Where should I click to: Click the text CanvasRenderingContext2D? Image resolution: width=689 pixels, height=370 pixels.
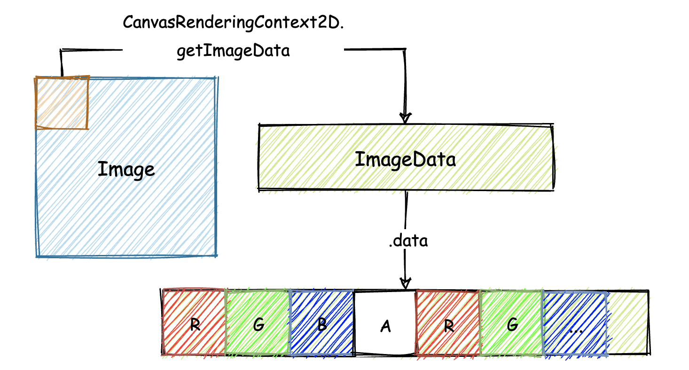234,23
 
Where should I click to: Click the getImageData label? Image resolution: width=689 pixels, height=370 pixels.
234,51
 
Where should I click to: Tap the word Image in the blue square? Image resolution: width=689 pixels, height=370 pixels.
126,169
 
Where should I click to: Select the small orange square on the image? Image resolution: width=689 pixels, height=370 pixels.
62,102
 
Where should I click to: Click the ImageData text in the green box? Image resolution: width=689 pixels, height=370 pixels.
405,160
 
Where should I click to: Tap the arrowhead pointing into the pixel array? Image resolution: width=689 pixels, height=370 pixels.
406,284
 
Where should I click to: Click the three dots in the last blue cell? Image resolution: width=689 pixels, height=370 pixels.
575,330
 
